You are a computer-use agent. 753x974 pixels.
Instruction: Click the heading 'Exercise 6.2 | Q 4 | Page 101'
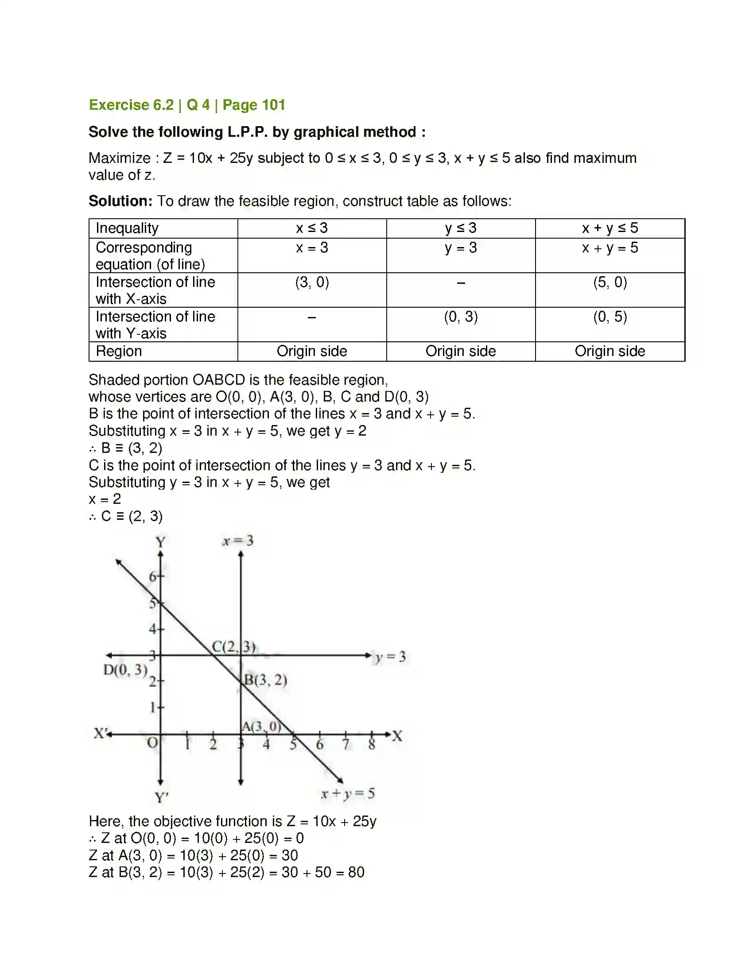(x=187, y=105)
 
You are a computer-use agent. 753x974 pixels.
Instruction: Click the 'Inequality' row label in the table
(x=127, y=228)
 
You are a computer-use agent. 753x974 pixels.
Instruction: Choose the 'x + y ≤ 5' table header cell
(x=609, y=228)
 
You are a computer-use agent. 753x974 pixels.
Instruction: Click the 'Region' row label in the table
(x=119, y=351)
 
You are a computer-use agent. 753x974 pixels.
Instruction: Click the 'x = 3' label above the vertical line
(x=238, y=541)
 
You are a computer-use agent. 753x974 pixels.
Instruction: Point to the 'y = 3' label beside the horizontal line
(x=390, y=657)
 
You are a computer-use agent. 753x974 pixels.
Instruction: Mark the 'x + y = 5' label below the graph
(x=348, y=793)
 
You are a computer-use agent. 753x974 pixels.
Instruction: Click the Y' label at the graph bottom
(x=162, y=797)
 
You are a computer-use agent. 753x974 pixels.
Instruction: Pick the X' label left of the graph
(x=100, y=733)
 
